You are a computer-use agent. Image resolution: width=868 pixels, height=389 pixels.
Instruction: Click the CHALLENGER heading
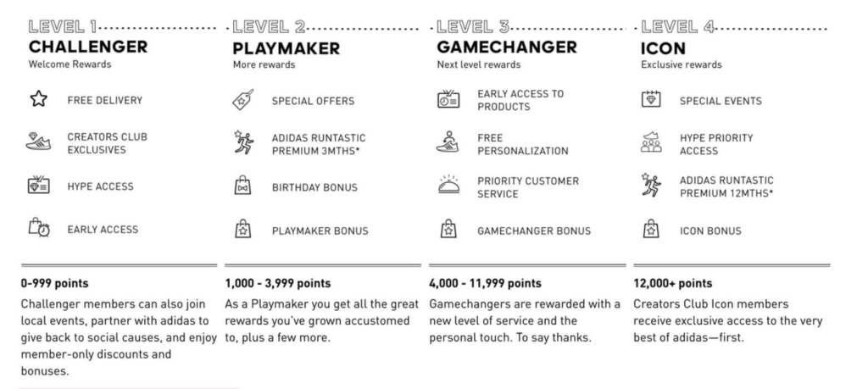tap(88, 47)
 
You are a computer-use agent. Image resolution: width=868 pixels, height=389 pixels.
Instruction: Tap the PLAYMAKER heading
tap(287, 48)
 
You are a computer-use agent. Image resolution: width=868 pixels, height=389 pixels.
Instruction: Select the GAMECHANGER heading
tap(507, 47)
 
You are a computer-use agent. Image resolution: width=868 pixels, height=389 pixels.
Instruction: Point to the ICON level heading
tap(664, 48)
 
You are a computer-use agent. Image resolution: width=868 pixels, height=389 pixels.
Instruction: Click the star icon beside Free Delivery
tap(38, 100)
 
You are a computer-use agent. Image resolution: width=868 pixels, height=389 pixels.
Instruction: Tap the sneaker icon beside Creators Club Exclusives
tap(39, 143)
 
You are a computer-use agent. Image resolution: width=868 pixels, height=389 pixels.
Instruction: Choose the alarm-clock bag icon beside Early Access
tap(39, 229)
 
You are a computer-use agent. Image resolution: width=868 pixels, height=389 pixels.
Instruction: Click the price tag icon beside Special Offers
tap(242, 100)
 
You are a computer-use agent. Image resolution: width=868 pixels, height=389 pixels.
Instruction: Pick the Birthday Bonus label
tap(314, 187)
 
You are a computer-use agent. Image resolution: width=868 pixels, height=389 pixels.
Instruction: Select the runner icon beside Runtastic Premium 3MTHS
tap(242, 142)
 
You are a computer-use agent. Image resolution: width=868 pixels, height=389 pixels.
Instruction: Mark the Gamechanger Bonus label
tap(534, 231)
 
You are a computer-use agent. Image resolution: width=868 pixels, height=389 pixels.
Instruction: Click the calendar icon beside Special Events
tap(650, 100)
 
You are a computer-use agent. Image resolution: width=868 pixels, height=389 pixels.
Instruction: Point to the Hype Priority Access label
tap(715, 144)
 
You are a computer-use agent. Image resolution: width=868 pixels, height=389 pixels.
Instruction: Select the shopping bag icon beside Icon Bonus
tap(650, 230)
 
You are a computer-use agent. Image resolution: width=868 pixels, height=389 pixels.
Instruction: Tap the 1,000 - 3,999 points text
tap(277, 283)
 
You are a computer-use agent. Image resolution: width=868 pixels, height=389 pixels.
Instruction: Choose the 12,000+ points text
tap(673, 283)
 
